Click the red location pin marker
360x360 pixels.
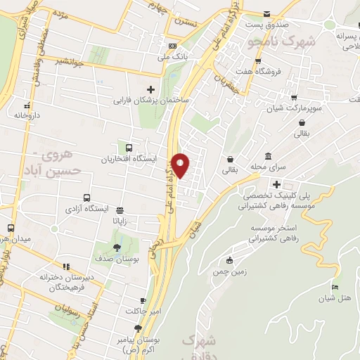181,165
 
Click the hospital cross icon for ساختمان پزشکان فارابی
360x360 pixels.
150,89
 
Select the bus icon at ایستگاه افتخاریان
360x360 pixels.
129,148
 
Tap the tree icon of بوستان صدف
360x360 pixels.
117,247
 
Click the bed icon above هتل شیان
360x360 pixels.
335,287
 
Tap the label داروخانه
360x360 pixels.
29,113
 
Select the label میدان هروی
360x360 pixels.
15,239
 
